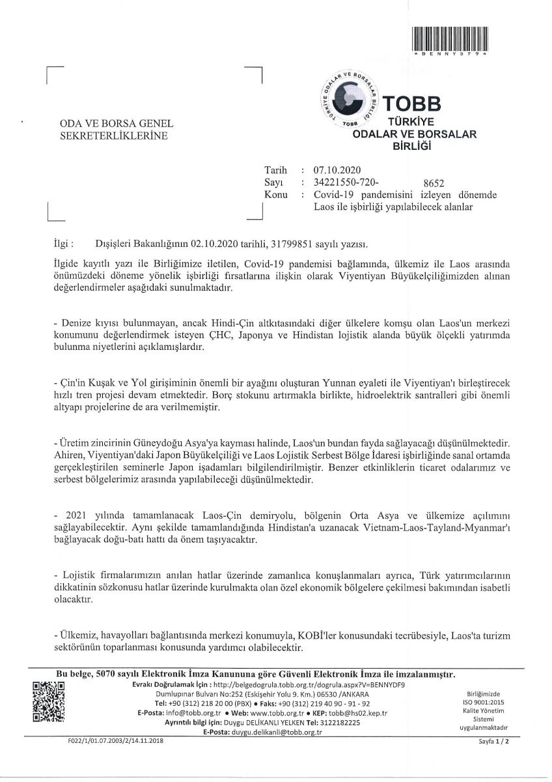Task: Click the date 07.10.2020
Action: pyautogui.click(x=332, y=171)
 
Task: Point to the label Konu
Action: pyautogui.click(x=276, y=195)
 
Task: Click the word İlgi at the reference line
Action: pyautogui.click(x=62, y=244)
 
